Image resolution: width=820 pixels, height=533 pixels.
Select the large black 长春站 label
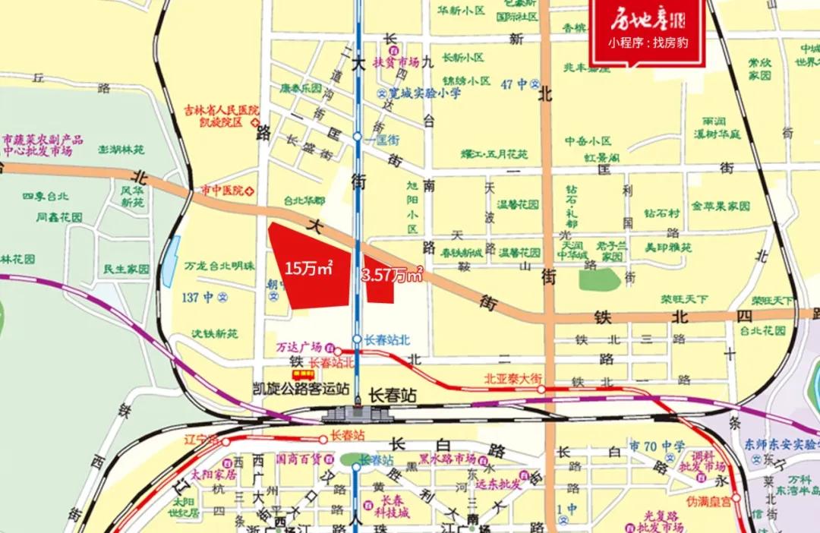[x=393, y=396]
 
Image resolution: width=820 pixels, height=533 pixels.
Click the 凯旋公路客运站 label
[x=301, y=388]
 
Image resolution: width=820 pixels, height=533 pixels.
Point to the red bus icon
[x=304, y=374]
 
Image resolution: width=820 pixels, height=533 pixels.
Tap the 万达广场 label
[x=299, y=346]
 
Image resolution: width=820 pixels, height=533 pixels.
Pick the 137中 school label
[x=199, y=298]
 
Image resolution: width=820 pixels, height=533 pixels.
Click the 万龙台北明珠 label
[x=219, y=266]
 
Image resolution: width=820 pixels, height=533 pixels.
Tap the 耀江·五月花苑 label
[x=494, y=154]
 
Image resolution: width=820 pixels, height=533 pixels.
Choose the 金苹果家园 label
[x=721, y=206]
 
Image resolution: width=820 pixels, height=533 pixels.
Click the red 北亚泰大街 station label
[x=513, y=378]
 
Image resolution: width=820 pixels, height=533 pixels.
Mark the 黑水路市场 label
[x=447, y=459]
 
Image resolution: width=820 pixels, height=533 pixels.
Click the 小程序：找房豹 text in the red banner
[x=648, y=43]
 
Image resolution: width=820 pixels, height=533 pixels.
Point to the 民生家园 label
[x=127, y=269]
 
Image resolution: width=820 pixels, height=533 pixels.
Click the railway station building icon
[x=356, y=413]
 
